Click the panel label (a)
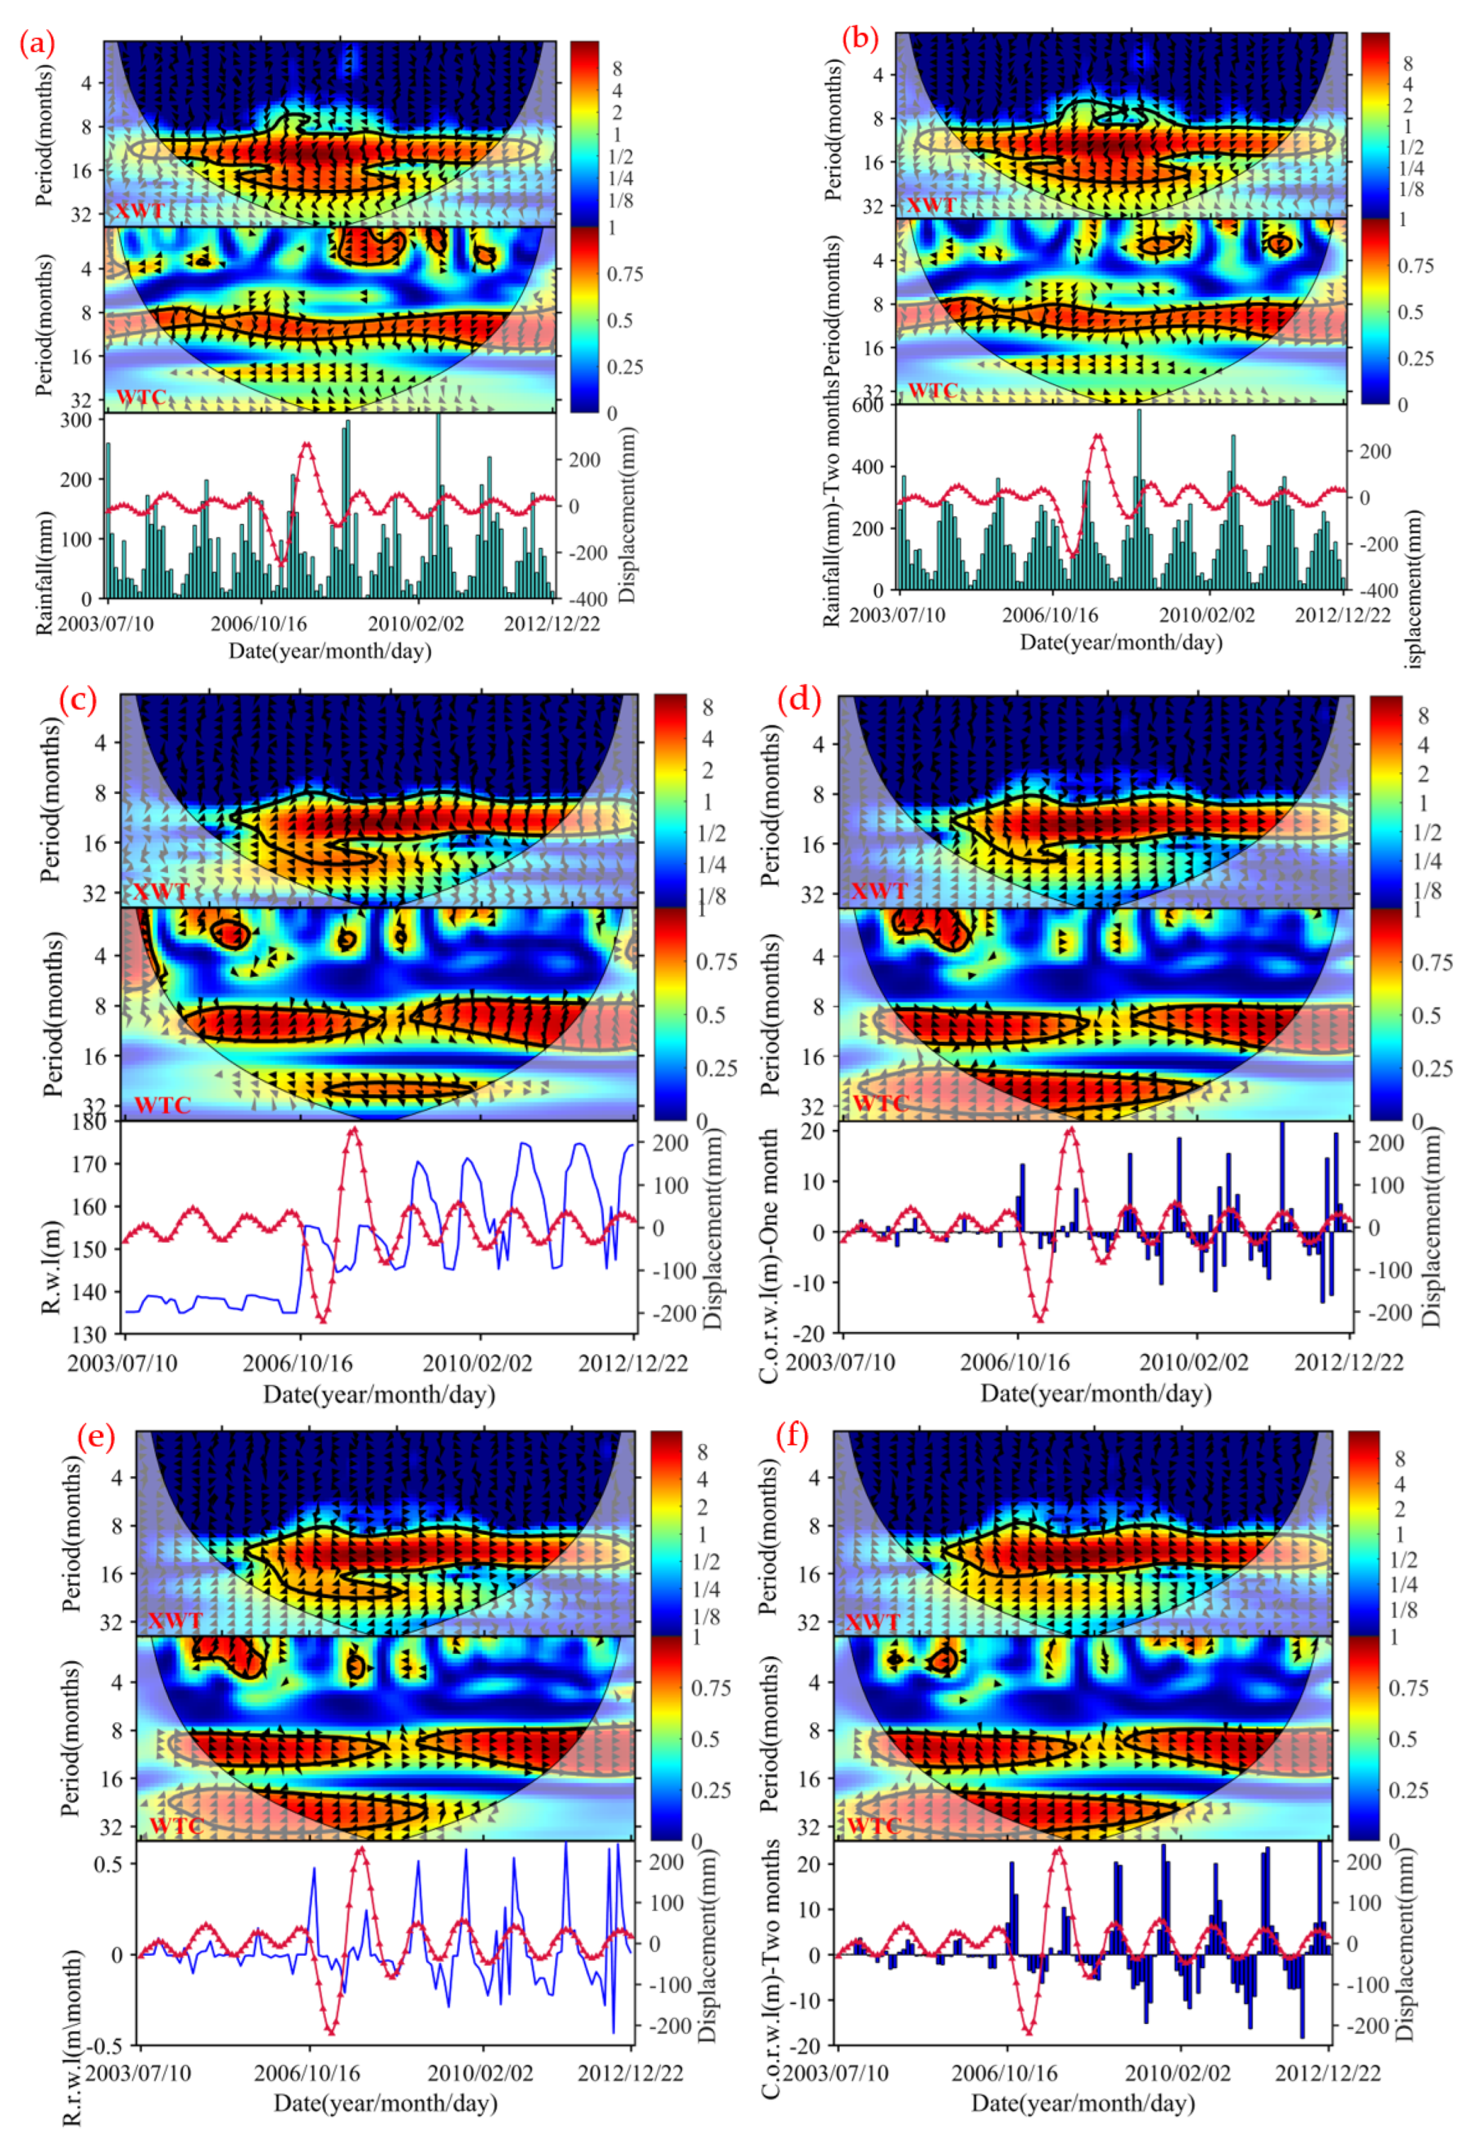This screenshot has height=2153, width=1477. [x=37, y=44]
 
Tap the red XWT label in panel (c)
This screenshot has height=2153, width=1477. [x=161, y=892]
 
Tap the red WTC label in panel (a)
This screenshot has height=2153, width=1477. [x=141, y=397]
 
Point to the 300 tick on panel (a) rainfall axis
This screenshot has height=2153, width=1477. [x=76, y=420]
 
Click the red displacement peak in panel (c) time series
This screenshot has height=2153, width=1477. [x=352, y=1129]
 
